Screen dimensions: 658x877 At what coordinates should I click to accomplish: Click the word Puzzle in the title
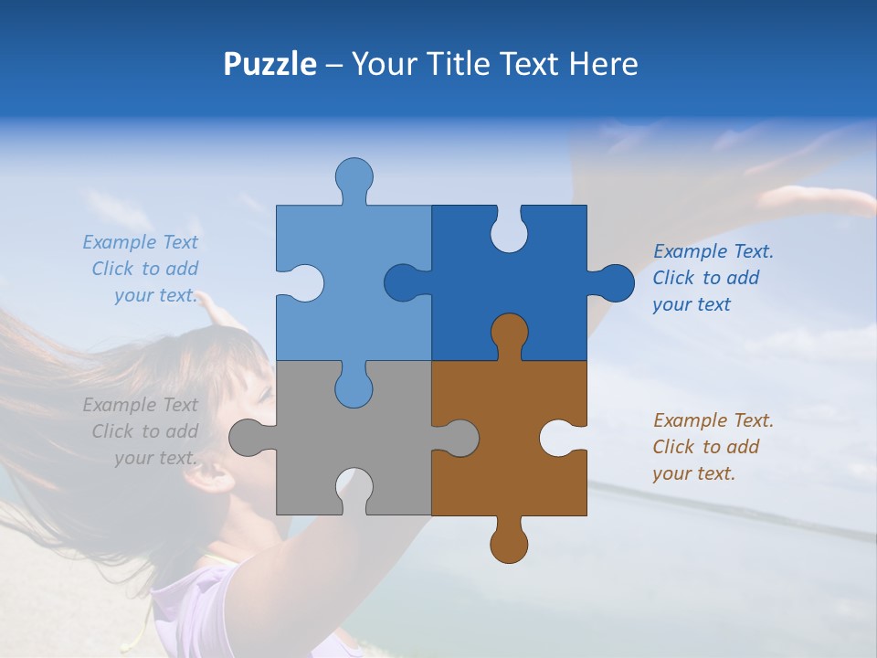tap(270, 65)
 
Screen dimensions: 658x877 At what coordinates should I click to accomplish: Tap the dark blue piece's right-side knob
tap(614, 283)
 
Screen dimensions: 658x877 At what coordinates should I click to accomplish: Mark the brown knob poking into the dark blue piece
tap(509, 334)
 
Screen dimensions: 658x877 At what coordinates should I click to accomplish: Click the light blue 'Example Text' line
tap(140, 242)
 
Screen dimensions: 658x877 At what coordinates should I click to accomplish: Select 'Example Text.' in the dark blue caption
tap(713, 251)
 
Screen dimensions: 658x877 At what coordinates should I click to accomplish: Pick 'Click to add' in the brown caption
tap(705, 447)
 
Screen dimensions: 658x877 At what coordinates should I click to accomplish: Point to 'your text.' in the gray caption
tap(155, 458)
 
